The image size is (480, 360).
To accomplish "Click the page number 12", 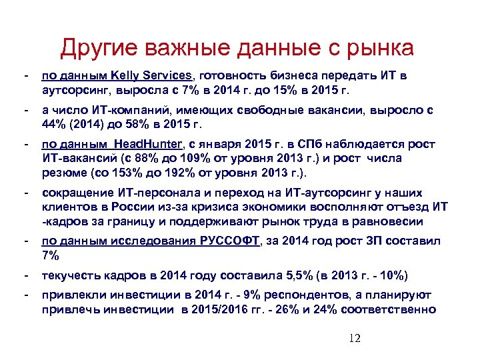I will coord(354,339).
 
